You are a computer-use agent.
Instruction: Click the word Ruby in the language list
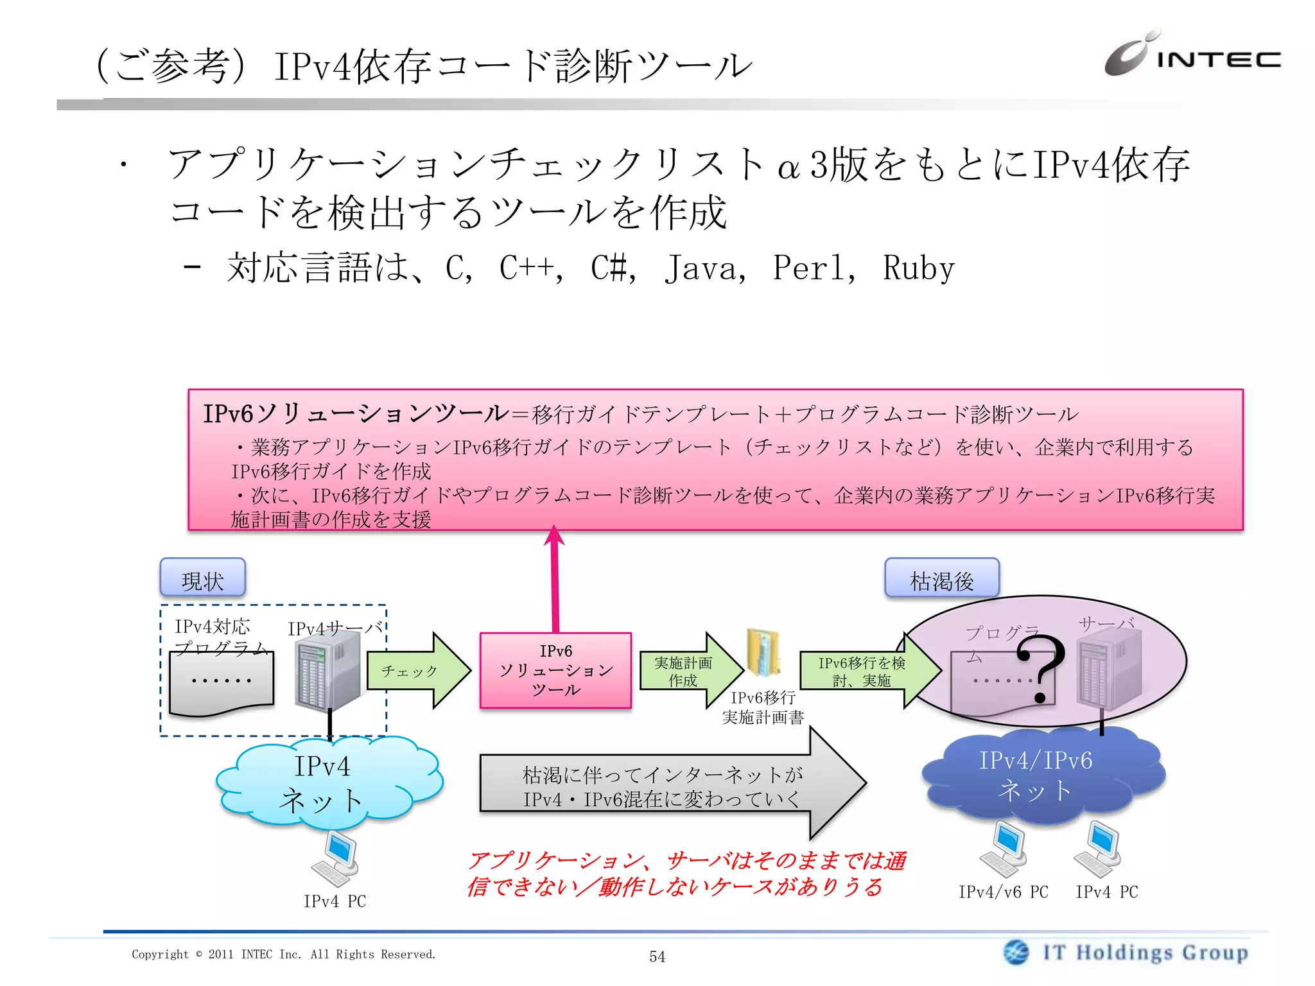point(918,268)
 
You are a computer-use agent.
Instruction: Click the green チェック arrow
point(417,671)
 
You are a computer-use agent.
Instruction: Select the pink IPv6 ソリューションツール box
point(555,671)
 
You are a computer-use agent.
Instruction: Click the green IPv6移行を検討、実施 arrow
point(867,671)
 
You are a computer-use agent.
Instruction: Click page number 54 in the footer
point(657,956)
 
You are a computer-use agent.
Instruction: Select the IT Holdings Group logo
point(1127,952)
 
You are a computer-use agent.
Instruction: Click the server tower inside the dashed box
point(327,668)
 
